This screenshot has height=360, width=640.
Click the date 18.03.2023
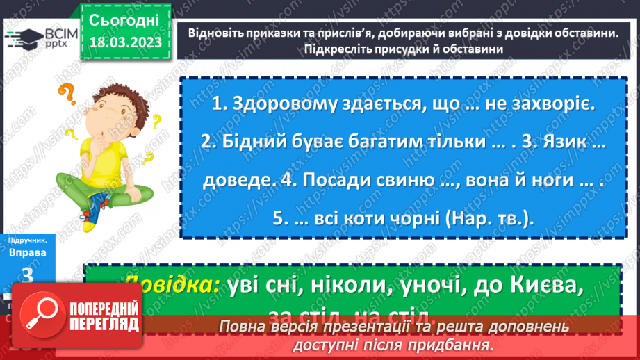[x=125, y=43]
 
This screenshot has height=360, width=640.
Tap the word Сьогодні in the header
[x=125, y=19]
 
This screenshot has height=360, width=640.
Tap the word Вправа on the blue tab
[x=28, y=253]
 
